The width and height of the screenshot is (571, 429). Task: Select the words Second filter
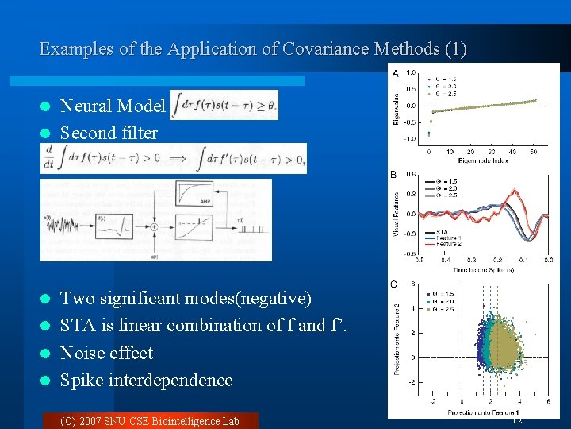point(109,133)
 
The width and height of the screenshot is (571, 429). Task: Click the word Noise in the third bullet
point(82,353)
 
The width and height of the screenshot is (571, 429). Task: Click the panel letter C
point(394,284)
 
